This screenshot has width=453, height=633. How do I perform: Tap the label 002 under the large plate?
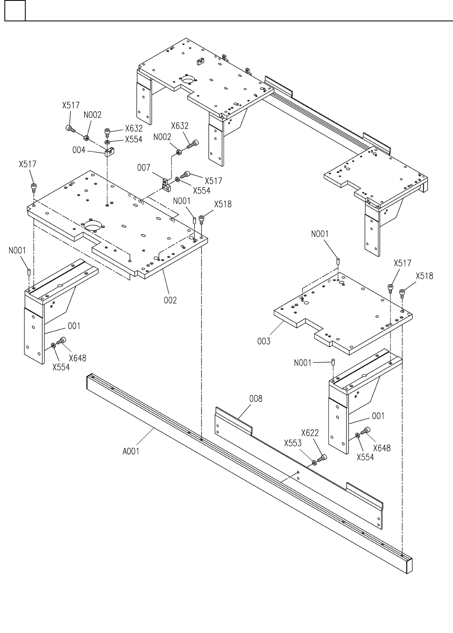point(170,300)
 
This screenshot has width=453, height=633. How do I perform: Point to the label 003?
point(264,341)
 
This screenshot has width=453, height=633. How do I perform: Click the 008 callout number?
point(256,399)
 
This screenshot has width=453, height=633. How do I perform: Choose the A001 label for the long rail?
point(131,452)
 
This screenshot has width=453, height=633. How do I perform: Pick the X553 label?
point(293,444)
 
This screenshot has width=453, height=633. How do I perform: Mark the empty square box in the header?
point(15,10)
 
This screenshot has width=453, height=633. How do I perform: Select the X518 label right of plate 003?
point(424,276)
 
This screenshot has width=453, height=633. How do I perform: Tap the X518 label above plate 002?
point(223,204)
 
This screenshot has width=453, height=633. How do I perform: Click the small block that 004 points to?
point(109,153)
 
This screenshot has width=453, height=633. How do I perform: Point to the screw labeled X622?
point(323,458)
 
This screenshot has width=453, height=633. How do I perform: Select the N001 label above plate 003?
point(320,234)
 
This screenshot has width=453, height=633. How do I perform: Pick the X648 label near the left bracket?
point(77,358)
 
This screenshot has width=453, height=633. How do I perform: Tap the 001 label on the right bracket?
point(378,416)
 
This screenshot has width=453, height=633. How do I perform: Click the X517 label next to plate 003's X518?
point(402,263)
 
